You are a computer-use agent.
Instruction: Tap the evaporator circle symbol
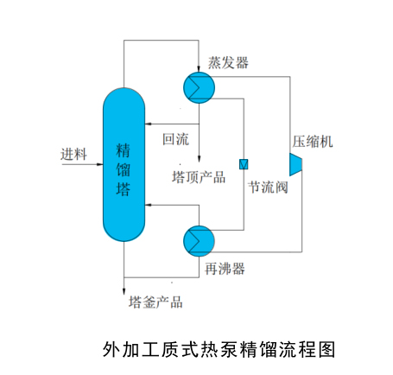[198, 84]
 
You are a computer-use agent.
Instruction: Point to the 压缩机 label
[312, 142]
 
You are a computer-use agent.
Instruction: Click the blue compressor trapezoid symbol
[297, 163]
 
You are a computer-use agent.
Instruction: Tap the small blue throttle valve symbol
[244, 163]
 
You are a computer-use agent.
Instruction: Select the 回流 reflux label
[175, 137]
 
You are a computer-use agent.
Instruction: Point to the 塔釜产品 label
[155, 302]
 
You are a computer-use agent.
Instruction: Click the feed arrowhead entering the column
[98, 165]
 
